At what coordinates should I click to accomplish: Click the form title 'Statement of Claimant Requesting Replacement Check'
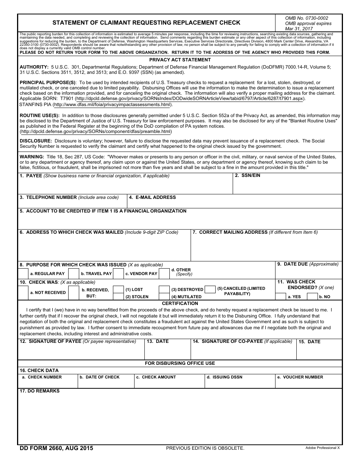click(x=146, y=23)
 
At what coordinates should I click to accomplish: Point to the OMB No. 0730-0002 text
click(x=307, y=18)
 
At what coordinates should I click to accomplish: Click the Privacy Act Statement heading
click(x=180, y=60)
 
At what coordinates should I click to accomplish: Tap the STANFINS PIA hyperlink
click(x=112, y=105)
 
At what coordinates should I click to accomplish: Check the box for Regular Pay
click(x=23, y=274)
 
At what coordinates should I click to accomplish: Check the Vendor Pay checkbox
click(x=118, y=274)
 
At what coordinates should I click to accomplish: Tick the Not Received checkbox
click(x=23, y=292)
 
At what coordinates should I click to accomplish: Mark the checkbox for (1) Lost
click(x=118, y=289)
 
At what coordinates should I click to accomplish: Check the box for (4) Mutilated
click(x=164, y=297)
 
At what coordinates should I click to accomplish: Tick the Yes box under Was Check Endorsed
click(x=280, y=297)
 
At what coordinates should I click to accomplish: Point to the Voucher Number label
click(x=303, y=377)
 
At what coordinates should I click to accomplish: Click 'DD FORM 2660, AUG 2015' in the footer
click(x=56, y=448)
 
